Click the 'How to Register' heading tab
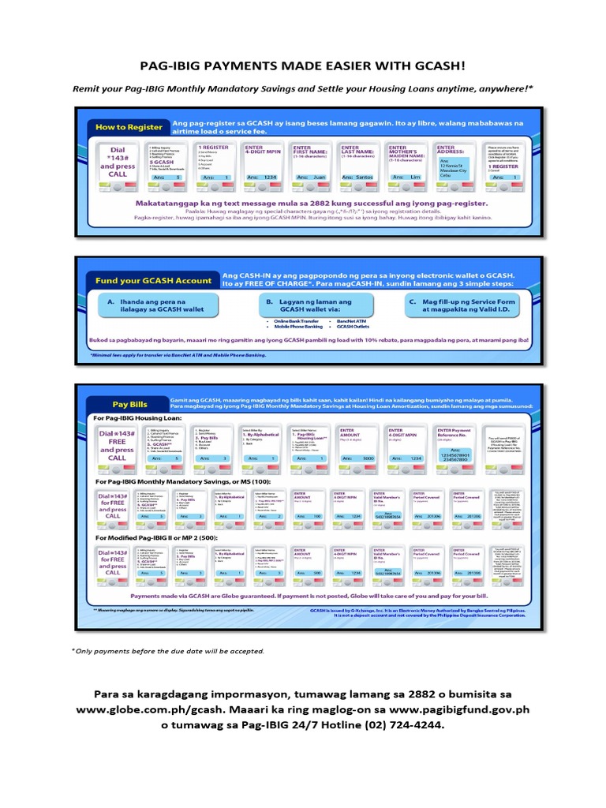click(129, 126)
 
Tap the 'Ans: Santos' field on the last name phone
click(361, 178)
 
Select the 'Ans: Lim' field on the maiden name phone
click(407, 178)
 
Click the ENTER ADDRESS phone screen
click(455, 162)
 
